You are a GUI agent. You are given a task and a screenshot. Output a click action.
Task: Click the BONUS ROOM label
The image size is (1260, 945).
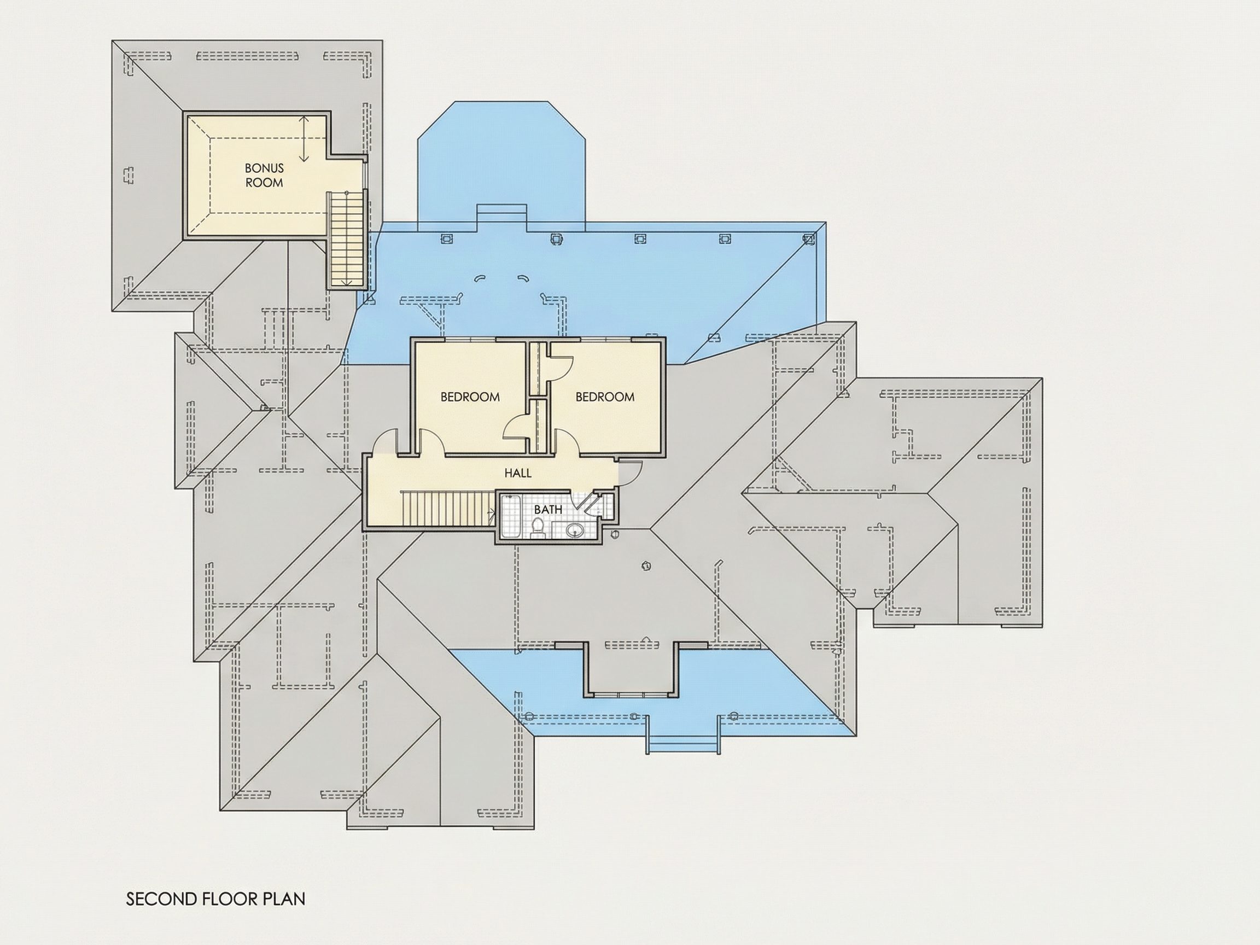[x=264, y=176]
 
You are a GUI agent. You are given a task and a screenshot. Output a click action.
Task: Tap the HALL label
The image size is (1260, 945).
[x=518, y=473]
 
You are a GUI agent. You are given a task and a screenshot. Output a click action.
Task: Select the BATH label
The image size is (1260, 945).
[x=548, y=509]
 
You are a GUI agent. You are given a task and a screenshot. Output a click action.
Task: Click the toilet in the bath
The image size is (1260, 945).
[x=537, y=528]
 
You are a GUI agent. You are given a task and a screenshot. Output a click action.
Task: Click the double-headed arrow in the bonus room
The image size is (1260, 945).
[x=304, y=138]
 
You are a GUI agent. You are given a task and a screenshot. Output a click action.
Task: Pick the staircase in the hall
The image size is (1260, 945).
[x=448, y=509]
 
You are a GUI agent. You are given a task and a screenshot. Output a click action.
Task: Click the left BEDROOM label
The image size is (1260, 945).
[x=470, y=397]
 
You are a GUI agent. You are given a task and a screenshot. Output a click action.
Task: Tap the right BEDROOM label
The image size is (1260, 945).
[x=605, y=397]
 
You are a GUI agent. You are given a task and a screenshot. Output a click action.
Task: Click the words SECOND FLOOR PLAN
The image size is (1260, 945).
[x=216, y=899]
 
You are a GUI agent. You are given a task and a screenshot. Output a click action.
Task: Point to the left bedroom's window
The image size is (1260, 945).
[x=470, y=340]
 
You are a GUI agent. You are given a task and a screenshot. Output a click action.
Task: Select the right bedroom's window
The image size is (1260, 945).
[x=605, y=340]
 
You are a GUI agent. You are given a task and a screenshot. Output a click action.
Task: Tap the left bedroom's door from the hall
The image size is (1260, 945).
[x=432, y=441]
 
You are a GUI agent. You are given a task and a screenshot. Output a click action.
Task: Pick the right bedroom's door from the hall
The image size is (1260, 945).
[x=567, y=441]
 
